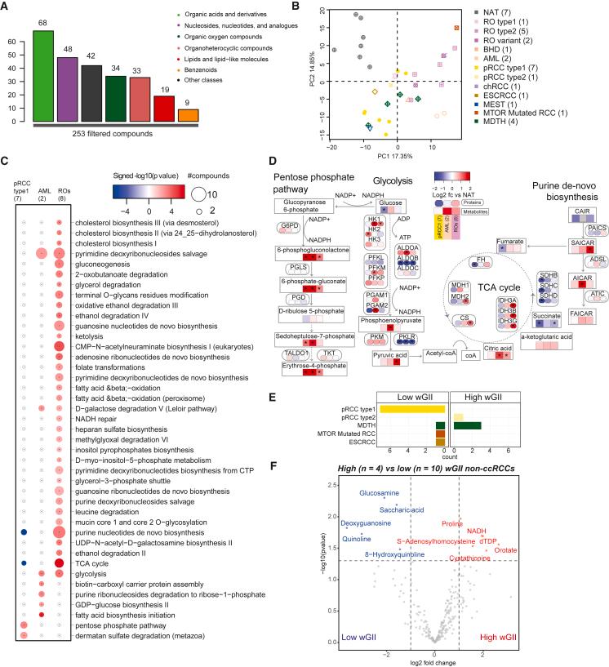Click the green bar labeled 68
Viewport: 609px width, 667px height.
click(50, 80)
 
